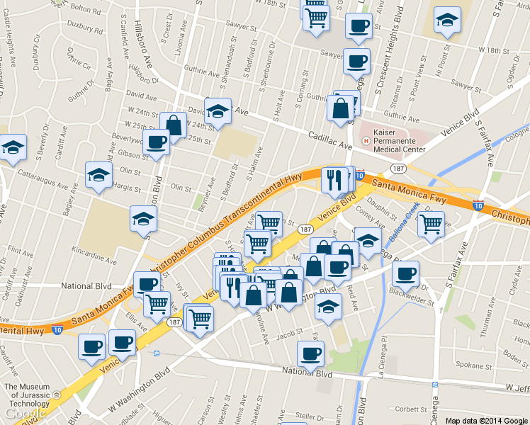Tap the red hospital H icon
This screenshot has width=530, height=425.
[x=366, y=141]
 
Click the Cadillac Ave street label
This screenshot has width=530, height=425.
[x=330, y=140]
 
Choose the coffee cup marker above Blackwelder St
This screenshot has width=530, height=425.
[x=406, y=273]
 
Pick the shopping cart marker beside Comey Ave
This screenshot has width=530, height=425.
[x=431, y=225]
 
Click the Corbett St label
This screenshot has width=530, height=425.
[x=412, y=409]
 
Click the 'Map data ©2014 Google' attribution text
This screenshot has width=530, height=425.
[x=486, y=420]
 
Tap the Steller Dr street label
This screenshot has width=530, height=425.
[x=309, y=415]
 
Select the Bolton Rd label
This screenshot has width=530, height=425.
[x=86, y=8]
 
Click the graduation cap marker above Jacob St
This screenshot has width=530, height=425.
[x=329, y=305]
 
